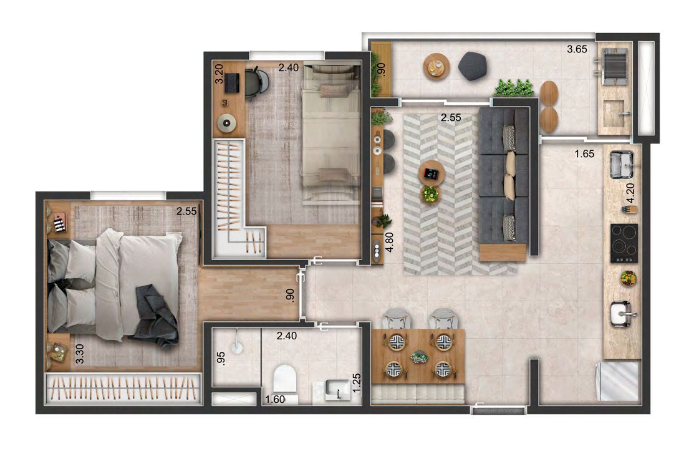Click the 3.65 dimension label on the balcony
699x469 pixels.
[x=577, y=49]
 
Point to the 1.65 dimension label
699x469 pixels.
[x=584, y=152]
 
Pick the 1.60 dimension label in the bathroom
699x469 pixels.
[x=276, y=399]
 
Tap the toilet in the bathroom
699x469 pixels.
[x=284, y=378]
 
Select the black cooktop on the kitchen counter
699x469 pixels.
[x=624, y=242]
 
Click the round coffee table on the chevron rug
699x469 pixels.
[x=431, y=173]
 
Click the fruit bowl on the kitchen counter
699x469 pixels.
[x=627, y=278]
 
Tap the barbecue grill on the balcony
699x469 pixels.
[x=615, y=64]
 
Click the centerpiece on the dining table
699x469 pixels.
[x=418, y=357]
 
